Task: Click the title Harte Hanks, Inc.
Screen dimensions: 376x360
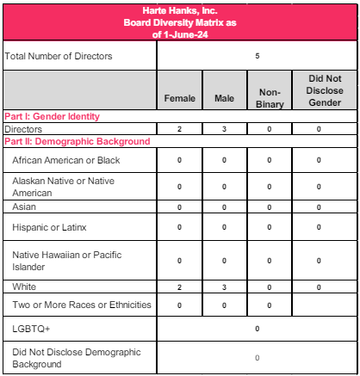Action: (x=179, y=9)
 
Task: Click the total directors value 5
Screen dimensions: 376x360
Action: (x=257, y=57)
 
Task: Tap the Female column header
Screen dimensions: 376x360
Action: (x=179, y=98)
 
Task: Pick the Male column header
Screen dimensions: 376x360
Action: (x=224, y=98)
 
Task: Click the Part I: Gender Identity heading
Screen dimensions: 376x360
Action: (x=52, y=116)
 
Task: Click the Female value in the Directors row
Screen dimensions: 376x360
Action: (x=179, y=129)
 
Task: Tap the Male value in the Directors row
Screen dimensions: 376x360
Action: (x=224, y=129)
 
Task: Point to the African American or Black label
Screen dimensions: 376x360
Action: (x=65, y=161)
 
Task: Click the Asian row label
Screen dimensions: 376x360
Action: (x=24, y=207)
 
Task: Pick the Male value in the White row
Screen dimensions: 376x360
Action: (x=224, y=287)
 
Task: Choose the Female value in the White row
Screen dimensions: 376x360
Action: (x=179, y=287)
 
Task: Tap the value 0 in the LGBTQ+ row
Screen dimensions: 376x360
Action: (x=257, y=329)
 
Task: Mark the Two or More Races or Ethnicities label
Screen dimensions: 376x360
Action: (x=82, y=305)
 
